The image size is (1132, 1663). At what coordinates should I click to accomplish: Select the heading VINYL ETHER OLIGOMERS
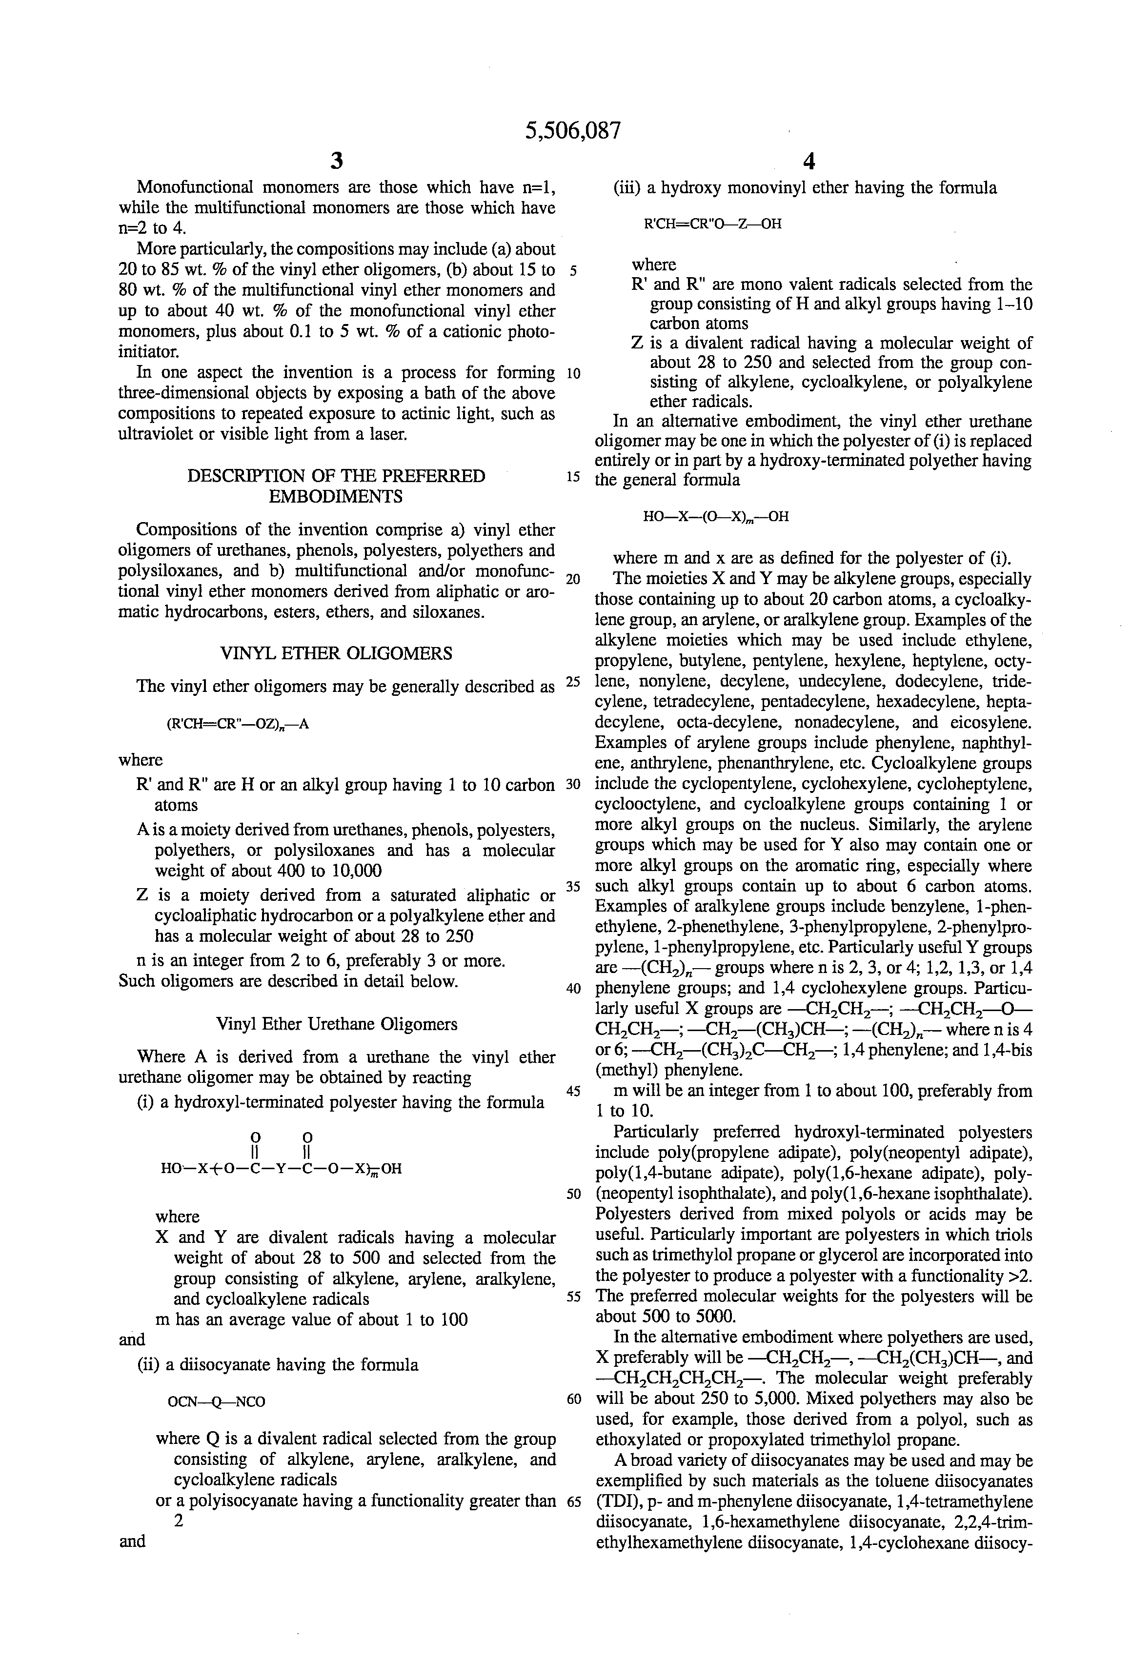tap(336, 653)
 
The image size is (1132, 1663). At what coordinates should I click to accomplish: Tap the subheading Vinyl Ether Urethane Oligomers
tap(336, 1024)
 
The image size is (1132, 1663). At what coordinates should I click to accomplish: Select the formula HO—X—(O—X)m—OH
tap(715, 517)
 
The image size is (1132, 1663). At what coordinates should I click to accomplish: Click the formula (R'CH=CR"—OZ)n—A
tap(238, 724)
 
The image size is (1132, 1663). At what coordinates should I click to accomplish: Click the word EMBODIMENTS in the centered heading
tap(336, 497)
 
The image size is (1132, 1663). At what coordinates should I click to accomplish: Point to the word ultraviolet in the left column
tap(155, 434)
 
